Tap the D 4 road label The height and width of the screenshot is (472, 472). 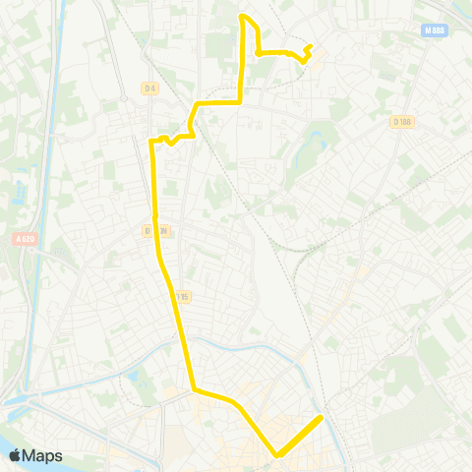pos(149,88)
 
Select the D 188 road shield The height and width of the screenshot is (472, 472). pos(400,122)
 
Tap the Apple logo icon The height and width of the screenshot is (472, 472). pos(14,455)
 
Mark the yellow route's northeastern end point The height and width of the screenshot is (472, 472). pos(310,46)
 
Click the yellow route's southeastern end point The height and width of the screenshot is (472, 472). pos(322,418)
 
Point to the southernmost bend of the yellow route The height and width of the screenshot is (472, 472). pos(278,455)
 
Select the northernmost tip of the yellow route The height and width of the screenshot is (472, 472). pos(243,16)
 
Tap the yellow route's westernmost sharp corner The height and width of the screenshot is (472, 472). pos(150,142)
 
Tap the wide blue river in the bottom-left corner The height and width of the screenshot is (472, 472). pos(20,433)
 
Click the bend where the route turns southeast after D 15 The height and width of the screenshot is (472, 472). pos(194,389)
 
